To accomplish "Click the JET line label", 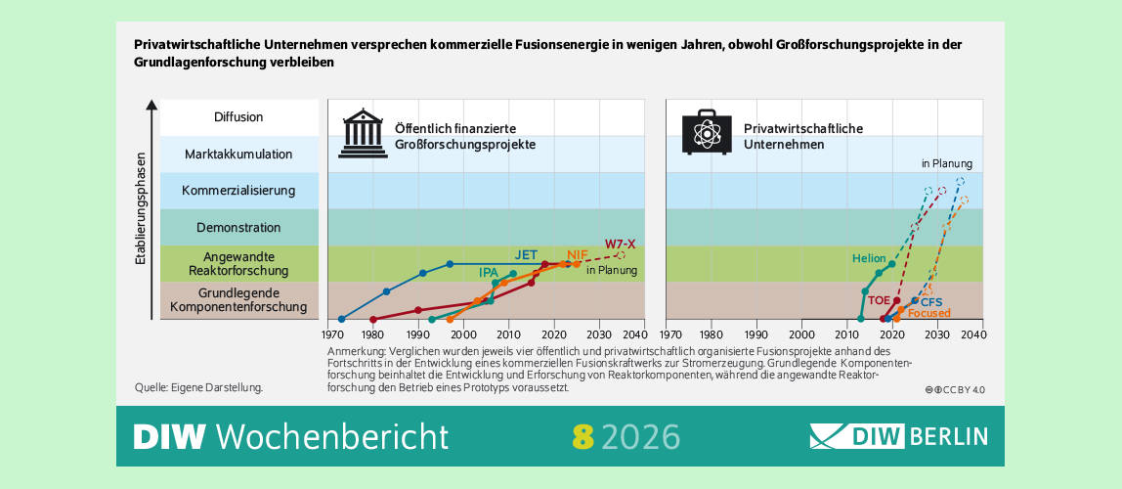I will pyautogui.click(x=526, y=255).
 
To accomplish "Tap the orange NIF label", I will pyautogui.click(x=578, y=255).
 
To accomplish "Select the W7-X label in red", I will pyautogui.click(x=620, y=243).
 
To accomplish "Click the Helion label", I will pyautogui.click(x=868, y=259).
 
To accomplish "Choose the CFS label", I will pyautogui.click(x=931, y=302).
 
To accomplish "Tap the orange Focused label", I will pyautogui.click(x=928, y=313).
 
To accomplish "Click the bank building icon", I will pyautogui.click(x=363, y=135).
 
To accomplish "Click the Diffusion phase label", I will pyautogui.click(x=238, y=117).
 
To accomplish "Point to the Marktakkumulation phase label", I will pyautogui.click(x=238, y=155).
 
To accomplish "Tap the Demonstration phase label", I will pyautogui.click(x=238, y=228).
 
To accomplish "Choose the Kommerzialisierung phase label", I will pyautogui.click(x=238, y=191).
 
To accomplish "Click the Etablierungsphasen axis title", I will pyautogui.click(x=141, y=208).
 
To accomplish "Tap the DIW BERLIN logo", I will pyautogui.click(x=898, y=435).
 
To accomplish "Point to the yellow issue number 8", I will pyautogui.click(x=583, y=436).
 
